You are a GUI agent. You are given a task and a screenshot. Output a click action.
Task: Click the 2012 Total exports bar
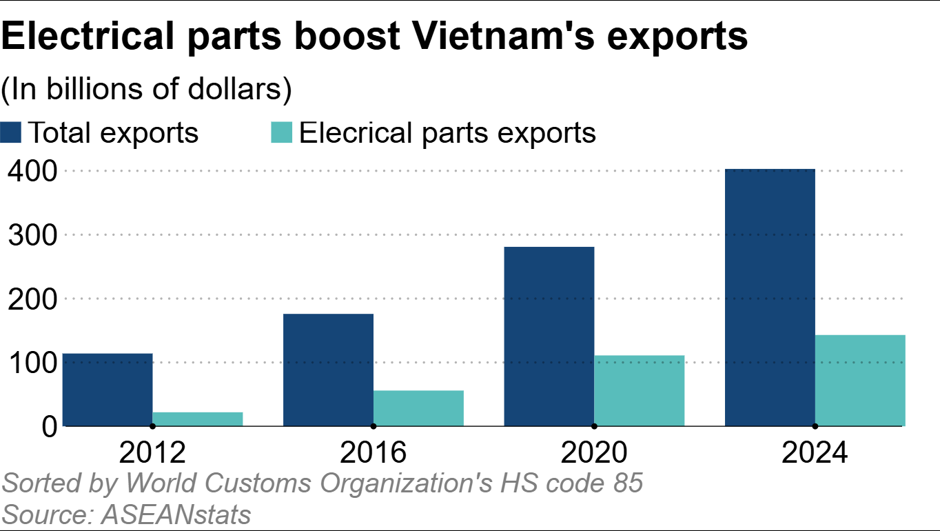[107, 390]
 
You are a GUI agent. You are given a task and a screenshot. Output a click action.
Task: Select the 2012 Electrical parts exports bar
[197, 419]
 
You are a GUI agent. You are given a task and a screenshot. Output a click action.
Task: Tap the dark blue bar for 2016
[328, 370]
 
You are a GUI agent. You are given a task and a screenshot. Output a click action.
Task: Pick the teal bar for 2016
[418, 408]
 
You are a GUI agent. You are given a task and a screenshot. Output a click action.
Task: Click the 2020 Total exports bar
[549, 337]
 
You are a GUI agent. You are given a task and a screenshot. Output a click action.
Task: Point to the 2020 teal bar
[640, 390]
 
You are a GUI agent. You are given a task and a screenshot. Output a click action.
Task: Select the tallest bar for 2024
[770, 297]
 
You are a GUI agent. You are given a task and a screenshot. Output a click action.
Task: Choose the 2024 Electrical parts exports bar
[860, 380]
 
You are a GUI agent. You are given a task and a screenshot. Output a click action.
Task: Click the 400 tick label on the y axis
[32, 171]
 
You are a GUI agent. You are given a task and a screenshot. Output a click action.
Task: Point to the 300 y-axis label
[32, 235]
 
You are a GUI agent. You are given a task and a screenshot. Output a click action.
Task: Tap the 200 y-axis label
[32, 299]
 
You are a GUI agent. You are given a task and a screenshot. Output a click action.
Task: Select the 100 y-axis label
[32, 363]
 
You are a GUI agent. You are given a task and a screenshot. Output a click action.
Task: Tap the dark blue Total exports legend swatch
[11, 132]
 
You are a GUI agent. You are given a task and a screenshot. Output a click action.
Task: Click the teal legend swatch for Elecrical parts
[283, 132]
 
